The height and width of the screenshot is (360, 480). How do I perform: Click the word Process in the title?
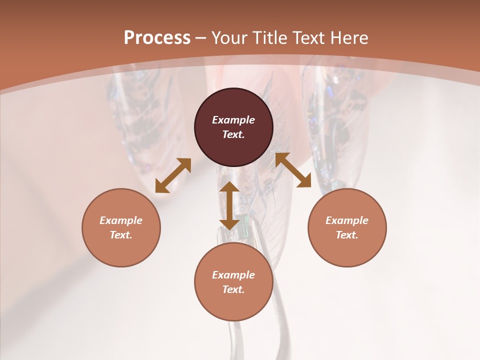point(157,38)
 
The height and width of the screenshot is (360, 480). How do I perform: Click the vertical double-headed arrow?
point(229,205)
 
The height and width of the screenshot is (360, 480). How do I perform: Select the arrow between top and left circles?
point(173,175)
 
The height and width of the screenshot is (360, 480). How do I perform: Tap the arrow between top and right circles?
point(293,170)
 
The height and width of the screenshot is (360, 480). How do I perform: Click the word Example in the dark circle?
point(233,120)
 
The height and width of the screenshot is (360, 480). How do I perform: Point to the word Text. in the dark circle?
point(233,134)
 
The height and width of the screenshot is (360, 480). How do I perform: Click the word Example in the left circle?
point(121,220)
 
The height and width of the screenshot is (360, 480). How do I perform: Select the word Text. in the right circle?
point(347,235)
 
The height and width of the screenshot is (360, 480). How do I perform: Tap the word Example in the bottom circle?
point(233,275)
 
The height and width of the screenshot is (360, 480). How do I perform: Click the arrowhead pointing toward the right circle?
point(304,181)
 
